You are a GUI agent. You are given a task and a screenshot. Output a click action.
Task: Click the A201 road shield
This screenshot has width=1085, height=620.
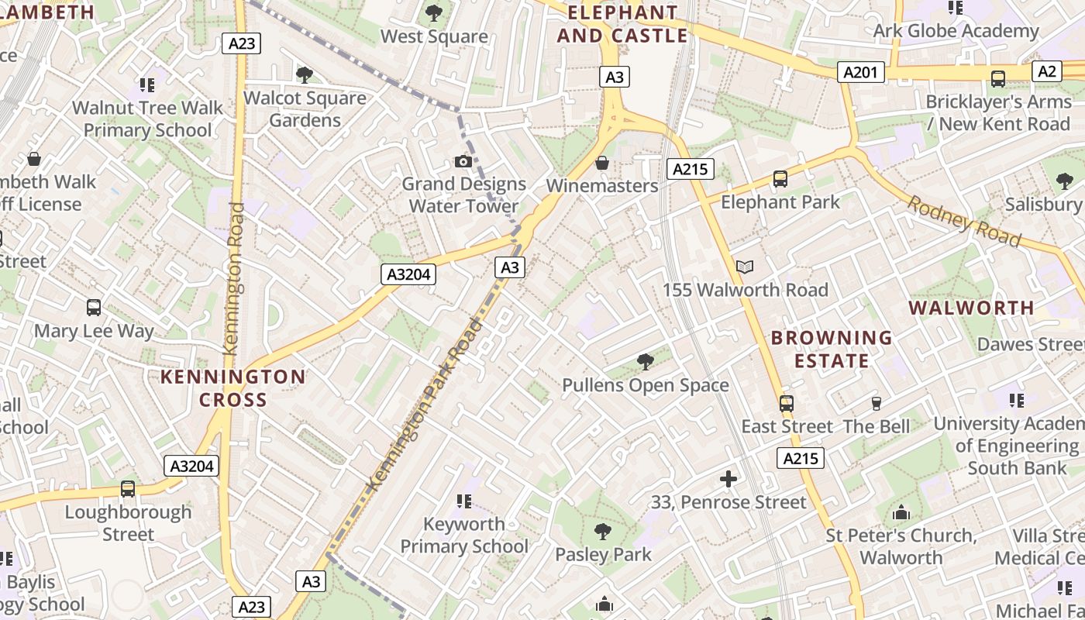point(860,73)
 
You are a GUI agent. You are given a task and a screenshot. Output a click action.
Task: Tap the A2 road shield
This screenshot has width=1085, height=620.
point(1046,72)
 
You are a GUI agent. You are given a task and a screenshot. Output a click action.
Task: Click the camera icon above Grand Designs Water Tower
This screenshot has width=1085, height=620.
point(463,161)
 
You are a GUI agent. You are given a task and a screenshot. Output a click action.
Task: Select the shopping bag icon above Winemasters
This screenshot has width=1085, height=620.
point(601,163)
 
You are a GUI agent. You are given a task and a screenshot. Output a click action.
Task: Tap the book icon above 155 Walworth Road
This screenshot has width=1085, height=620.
point(745,267)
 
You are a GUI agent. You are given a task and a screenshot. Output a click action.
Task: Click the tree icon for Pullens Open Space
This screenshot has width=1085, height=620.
point(645,361)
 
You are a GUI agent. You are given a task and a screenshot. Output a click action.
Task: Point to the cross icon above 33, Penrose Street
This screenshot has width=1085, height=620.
point(728,479)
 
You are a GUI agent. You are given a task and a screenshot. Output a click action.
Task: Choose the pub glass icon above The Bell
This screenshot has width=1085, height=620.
point(877,403)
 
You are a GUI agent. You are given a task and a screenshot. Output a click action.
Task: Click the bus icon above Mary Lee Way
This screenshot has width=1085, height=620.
point(94,308)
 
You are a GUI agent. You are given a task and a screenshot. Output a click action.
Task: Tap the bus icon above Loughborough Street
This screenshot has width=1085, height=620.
point(128,489)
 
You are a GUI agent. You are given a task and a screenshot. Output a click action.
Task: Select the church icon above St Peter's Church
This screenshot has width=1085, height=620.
point(901,512)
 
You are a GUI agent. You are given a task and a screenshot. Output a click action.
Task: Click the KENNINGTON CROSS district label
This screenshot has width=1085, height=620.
point(232,388)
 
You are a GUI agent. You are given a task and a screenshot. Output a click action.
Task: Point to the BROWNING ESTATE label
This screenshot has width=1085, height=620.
point(832,349)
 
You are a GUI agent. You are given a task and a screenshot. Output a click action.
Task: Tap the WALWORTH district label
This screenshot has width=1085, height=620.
point(971,308)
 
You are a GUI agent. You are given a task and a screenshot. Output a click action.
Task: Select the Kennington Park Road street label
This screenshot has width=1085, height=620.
point(425,405)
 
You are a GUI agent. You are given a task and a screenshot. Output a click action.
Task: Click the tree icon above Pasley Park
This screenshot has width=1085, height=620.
point(603,532)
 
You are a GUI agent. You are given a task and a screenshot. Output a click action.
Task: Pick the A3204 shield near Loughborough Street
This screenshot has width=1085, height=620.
point(191,466)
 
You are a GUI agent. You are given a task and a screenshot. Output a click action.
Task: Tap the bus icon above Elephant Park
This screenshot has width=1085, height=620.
point(780,179)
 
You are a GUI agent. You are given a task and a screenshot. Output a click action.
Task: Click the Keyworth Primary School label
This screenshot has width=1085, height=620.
point(463,535)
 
